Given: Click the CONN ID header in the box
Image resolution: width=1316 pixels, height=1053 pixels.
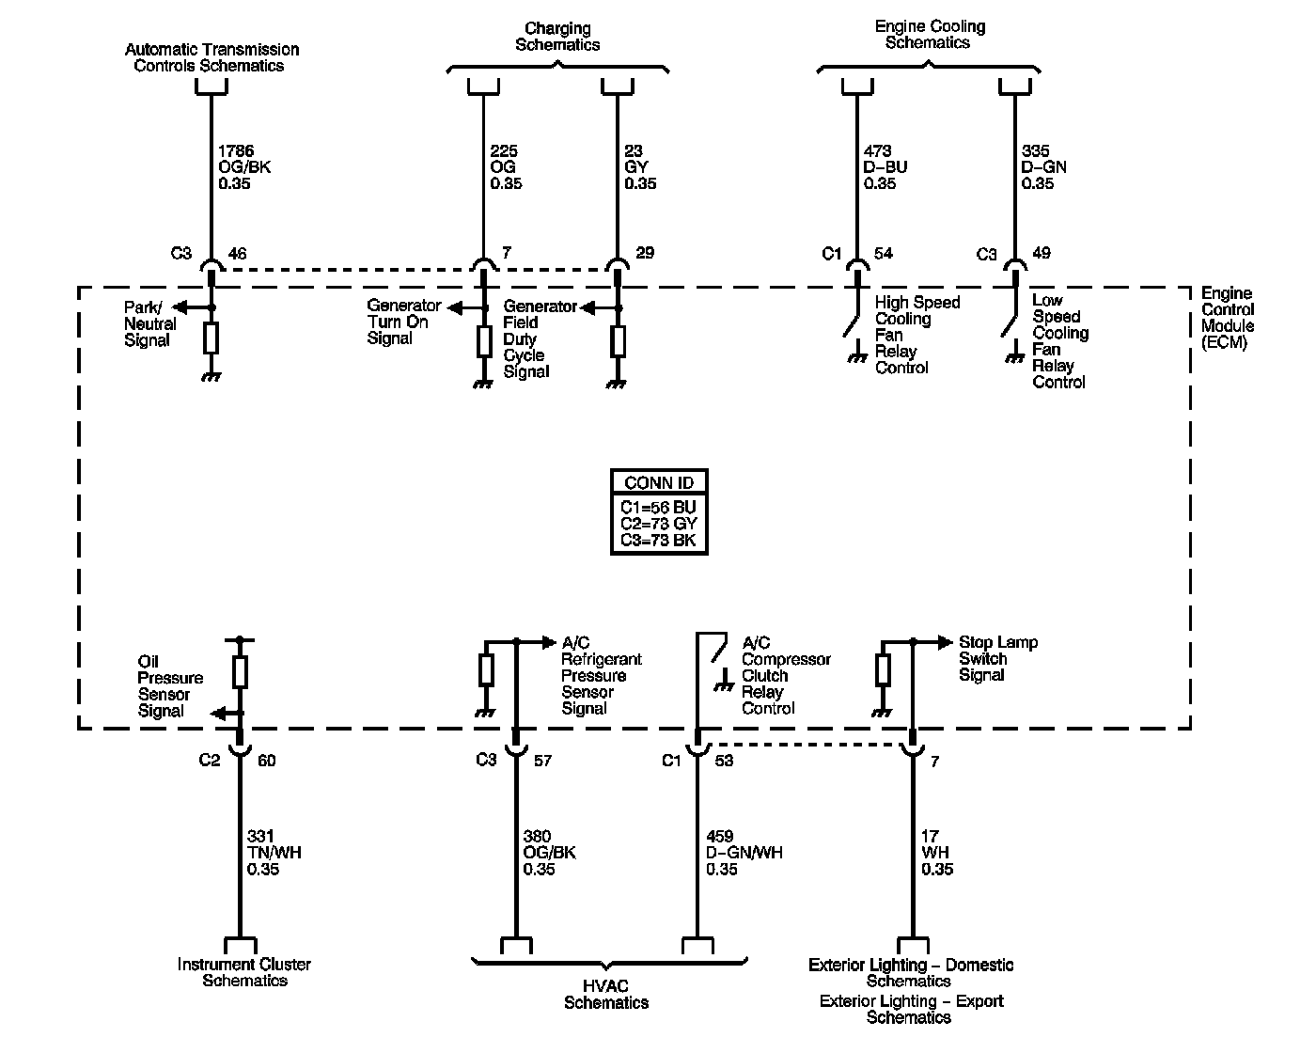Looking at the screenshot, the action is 659,482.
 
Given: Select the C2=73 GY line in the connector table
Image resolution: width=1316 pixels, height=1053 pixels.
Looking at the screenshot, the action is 659,524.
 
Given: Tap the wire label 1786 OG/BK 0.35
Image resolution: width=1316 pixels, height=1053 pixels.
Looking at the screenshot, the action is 244,167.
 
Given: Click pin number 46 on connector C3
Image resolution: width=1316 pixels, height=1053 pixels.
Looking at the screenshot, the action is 237,253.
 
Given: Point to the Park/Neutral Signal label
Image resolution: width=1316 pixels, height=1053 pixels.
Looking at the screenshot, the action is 149,323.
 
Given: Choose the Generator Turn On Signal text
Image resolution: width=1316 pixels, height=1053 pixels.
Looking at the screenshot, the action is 403,322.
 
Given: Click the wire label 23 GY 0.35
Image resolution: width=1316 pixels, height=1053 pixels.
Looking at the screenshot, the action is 639,167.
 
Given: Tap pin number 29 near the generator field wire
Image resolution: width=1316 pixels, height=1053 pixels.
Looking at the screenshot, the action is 645,253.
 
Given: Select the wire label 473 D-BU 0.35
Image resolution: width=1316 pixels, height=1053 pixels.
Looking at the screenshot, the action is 885,167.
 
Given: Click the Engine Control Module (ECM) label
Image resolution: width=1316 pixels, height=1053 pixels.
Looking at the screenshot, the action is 1227,318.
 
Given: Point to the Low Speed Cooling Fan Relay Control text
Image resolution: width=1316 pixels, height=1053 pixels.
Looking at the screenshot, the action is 1060,340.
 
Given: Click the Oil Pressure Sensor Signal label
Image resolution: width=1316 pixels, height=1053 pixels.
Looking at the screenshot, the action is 170,686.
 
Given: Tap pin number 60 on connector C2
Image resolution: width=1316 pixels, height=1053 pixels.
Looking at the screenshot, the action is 267,761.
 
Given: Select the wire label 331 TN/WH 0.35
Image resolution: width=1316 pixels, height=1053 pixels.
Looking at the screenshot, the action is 274,853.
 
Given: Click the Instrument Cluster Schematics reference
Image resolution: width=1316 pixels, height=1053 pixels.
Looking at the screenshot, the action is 244,972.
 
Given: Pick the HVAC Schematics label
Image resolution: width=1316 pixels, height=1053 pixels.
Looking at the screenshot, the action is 606,995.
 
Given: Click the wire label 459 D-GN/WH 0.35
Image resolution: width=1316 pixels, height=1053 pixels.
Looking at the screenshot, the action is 744,853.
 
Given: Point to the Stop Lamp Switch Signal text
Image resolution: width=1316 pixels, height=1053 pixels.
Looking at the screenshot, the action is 998,658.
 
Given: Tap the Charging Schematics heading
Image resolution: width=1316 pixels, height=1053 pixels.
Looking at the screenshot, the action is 557,37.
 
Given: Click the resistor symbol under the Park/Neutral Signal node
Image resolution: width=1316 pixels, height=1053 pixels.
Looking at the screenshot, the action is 211,338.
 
